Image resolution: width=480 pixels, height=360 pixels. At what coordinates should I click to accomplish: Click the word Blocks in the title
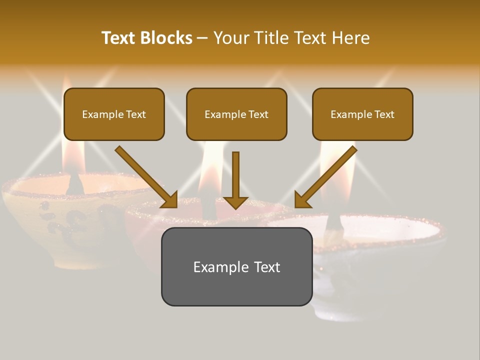(x=166, y=38)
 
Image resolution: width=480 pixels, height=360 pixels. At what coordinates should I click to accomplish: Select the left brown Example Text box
(x=114, y=114)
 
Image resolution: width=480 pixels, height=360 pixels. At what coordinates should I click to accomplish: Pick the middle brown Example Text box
(x=236, y=114)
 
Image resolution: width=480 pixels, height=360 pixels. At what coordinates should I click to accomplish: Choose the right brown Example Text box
(x=362, y=114)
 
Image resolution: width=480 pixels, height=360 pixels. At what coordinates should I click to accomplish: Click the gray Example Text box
(x=236, y=266)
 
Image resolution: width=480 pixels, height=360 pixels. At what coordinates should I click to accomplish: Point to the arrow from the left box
(x=145, y=176)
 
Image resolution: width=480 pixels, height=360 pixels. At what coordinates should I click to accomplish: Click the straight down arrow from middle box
(x=236, y=180)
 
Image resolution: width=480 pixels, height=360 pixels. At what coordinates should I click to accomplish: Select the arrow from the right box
(x=327, y=176)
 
